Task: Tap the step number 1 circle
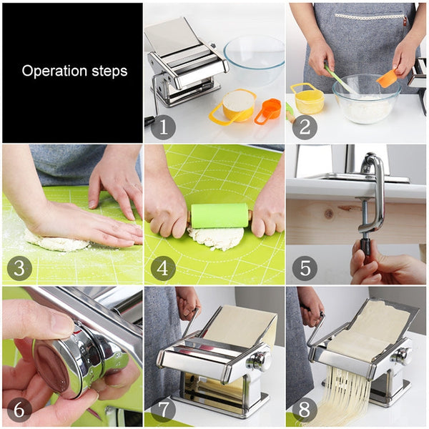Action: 162,127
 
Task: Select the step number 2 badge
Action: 304,127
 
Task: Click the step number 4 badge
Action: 162,269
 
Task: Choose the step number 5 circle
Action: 304,269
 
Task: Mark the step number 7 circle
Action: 162,410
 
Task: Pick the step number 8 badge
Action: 304,410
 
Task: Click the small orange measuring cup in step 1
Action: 269,110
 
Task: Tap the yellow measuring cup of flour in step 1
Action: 236,106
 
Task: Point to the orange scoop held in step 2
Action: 388,78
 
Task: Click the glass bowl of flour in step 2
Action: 365,100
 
